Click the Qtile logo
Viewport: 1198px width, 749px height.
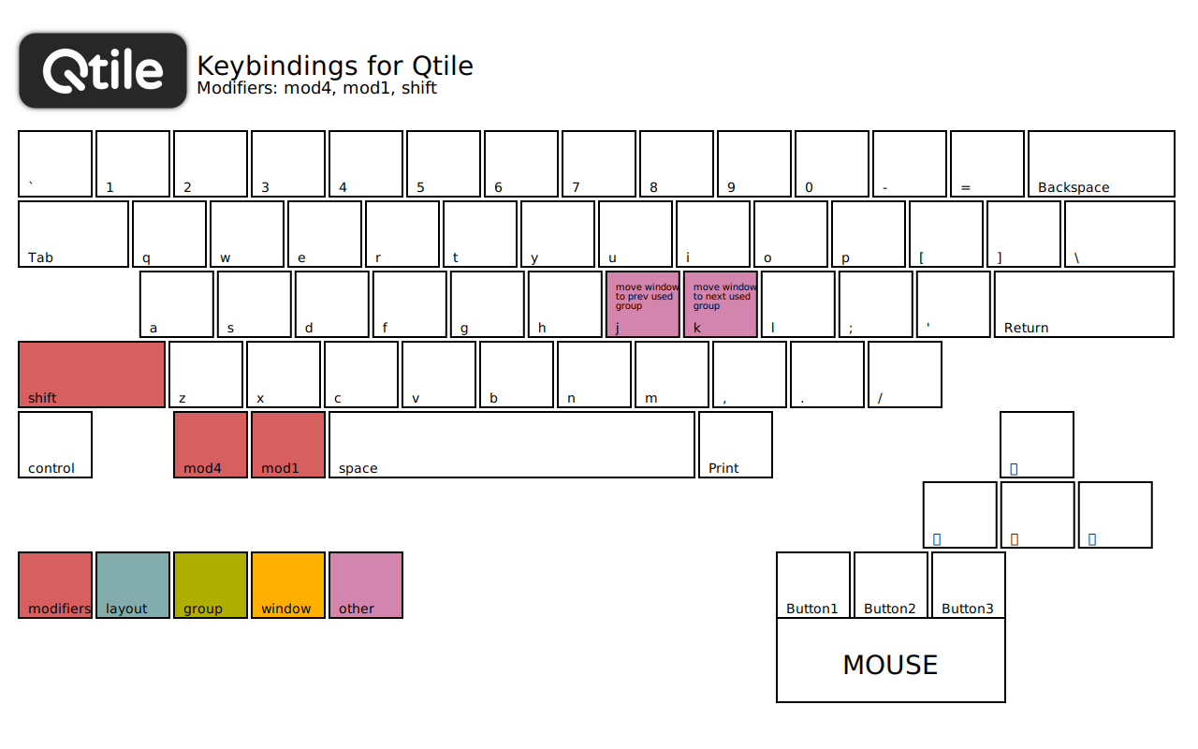[103, 71]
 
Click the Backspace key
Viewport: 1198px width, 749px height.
[1101, 164]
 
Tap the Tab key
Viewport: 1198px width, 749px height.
[73, 234]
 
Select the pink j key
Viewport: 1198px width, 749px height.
[643, 304]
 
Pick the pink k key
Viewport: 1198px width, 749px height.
[721, 304]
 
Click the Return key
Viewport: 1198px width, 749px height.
[1084, 304]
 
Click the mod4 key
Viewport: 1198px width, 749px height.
[211, 445]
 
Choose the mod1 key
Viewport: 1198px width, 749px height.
[288, 445]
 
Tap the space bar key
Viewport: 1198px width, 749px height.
[512, 445]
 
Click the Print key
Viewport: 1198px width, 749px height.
[736, 445]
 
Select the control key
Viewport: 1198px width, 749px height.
[55, 445]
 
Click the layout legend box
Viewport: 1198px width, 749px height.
[133, 585]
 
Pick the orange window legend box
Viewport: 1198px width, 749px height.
[288, 585]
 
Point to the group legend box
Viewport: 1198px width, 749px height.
[211, 585]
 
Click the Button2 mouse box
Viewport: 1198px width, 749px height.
[890, 585]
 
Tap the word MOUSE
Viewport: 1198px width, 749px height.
[890, 665]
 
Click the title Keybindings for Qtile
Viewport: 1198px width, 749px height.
[335, 66]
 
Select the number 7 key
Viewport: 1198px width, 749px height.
[599, 164]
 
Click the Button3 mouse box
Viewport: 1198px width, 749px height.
[968, 585]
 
